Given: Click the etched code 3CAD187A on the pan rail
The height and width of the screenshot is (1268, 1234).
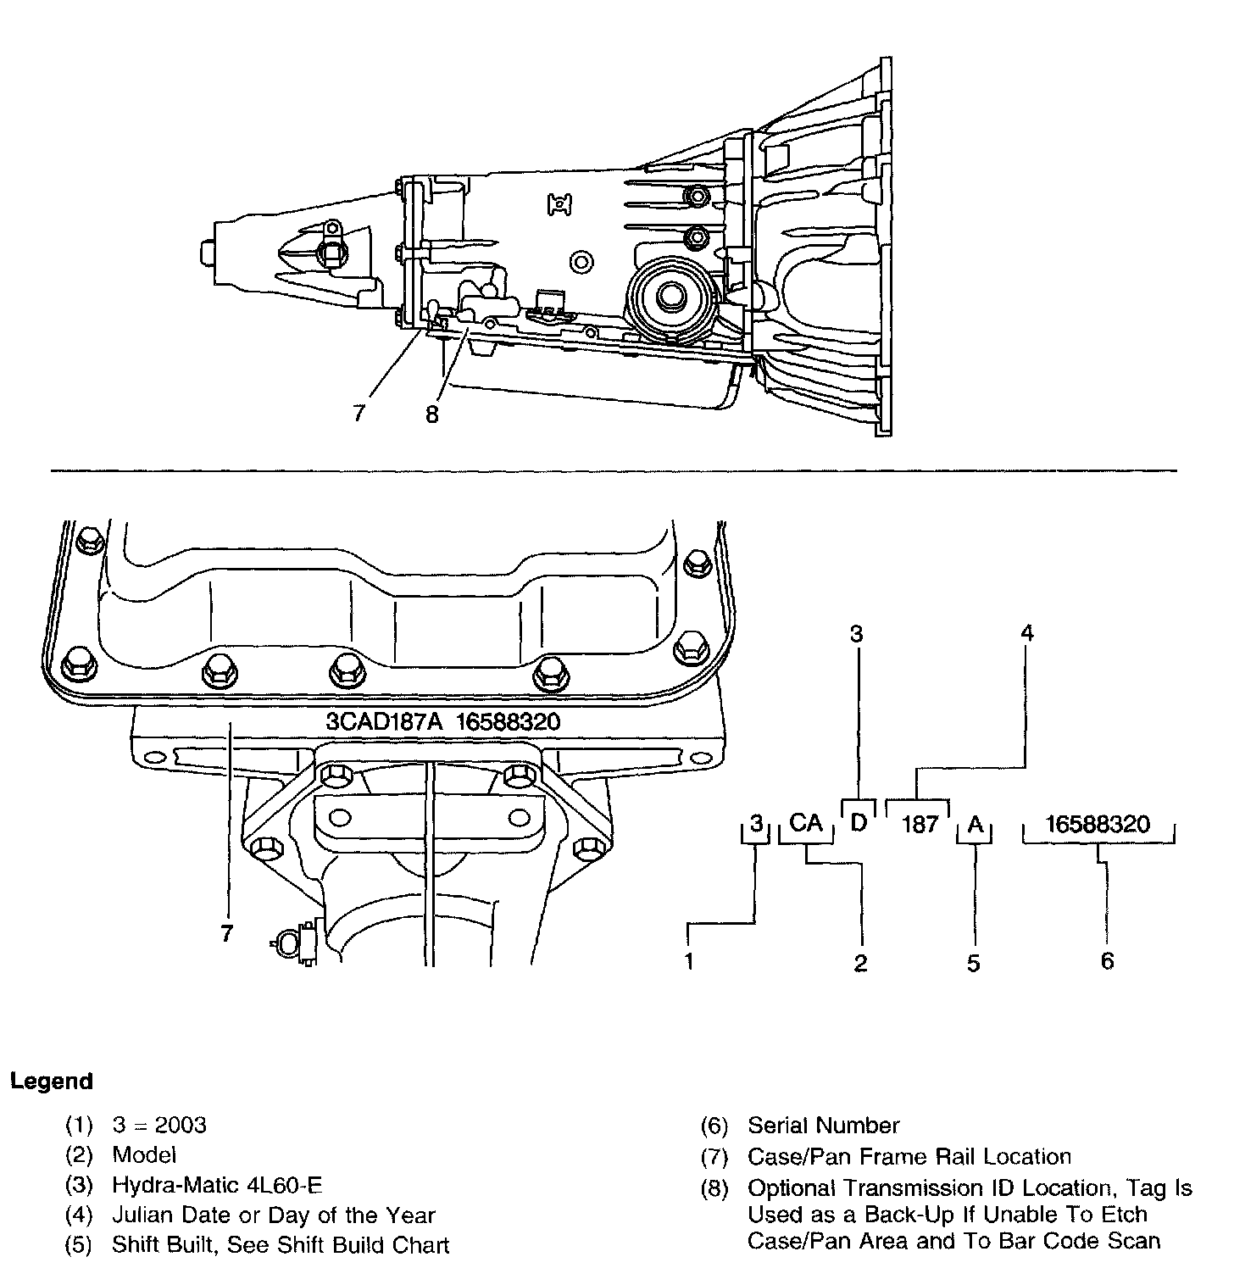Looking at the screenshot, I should (386, 722).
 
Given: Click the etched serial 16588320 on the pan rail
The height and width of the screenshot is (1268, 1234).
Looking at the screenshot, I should (508, 722).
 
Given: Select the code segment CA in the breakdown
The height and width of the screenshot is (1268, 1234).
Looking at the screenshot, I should (806, 823).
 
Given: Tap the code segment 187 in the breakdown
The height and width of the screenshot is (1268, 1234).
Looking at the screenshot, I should (920, 825).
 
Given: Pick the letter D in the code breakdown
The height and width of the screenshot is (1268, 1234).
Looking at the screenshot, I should (859, 822).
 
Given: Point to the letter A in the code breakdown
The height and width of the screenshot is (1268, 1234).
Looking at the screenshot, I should (976, 824).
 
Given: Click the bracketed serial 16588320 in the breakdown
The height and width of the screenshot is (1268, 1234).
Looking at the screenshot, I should (1098, 825).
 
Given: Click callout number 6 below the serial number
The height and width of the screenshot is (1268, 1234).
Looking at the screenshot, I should (1107, 961).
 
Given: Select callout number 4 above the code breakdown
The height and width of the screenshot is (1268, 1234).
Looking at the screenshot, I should (1027, 633).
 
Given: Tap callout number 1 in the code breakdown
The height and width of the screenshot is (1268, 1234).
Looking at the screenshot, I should (690, 962).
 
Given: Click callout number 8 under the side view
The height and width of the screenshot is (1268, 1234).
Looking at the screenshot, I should (432, 415).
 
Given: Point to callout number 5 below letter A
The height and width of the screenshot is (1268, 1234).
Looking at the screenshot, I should (974, 963).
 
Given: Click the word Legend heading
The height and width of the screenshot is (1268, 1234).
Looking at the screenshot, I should (51, 1082).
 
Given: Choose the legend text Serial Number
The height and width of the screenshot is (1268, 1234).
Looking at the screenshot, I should (823, 1126).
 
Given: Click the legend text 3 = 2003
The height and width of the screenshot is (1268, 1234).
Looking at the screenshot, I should (159, 1125).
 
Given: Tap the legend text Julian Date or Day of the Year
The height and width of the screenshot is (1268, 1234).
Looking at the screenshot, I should (273, 1215).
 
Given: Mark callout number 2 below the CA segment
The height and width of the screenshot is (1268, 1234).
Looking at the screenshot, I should (861, 963).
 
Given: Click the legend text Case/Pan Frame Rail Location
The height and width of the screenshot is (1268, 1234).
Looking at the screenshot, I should (909, 1157).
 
